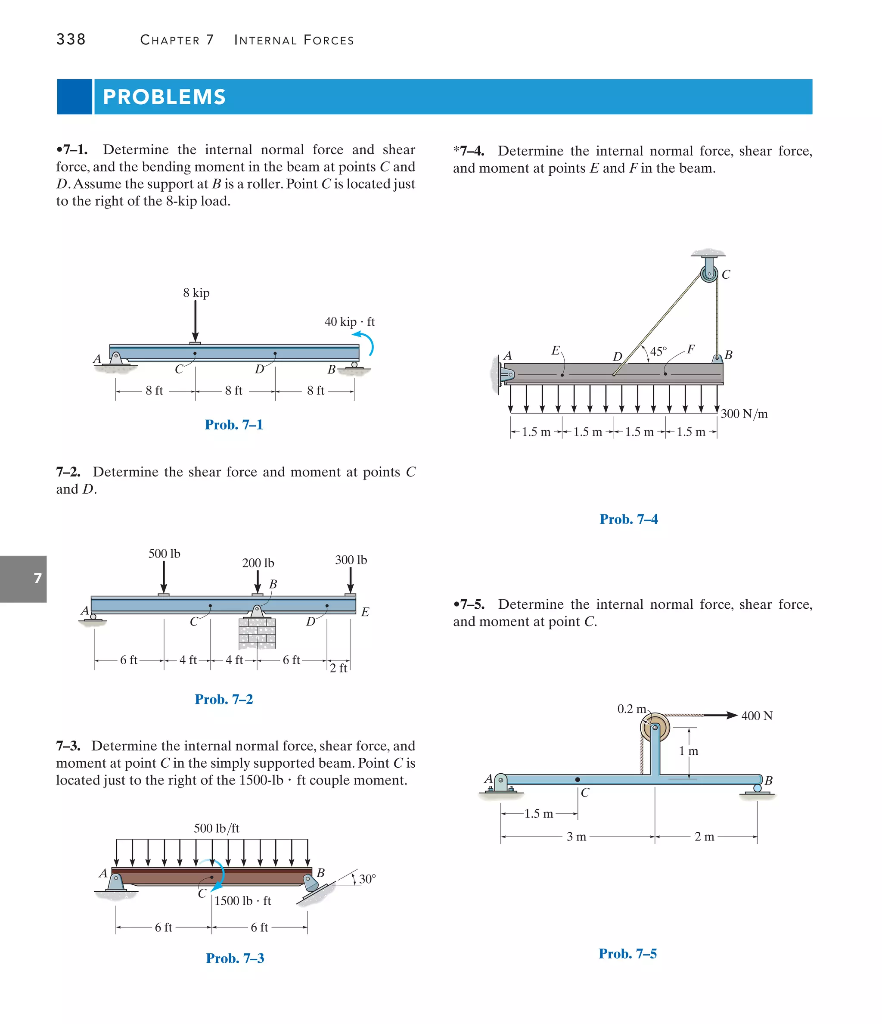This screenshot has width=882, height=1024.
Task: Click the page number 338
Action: (x=71, y=40)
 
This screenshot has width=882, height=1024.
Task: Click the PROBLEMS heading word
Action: (x=164, y=97)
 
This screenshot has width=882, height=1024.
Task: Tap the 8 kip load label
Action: (x=196, y=293)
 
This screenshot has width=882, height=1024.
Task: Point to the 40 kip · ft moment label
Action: (x=349, y=322)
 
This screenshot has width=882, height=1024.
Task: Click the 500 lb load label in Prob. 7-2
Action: (x=164, y=554)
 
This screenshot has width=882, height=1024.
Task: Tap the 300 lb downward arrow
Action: (x=350, y=580)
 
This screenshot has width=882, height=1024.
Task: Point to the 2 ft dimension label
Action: (x=339, y=668)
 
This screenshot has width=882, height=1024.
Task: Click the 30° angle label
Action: (x=367, y=879)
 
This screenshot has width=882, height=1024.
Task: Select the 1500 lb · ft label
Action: (x=242, y=900)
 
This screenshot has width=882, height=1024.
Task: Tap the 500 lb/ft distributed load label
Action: (x=217, y=828)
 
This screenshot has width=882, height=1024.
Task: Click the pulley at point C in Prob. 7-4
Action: (x=709, y=273)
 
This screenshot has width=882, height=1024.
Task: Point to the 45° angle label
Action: (x=658, y=352)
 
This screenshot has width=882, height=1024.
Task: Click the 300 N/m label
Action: (x=744, y=414)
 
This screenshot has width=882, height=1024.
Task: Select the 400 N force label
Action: (x=757, y=716)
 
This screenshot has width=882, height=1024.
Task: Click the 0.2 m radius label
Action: (x=631, y=709)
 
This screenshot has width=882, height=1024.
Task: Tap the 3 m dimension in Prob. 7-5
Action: (x=576, y=837)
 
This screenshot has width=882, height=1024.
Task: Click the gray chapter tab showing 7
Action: (x=24, y=578)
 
